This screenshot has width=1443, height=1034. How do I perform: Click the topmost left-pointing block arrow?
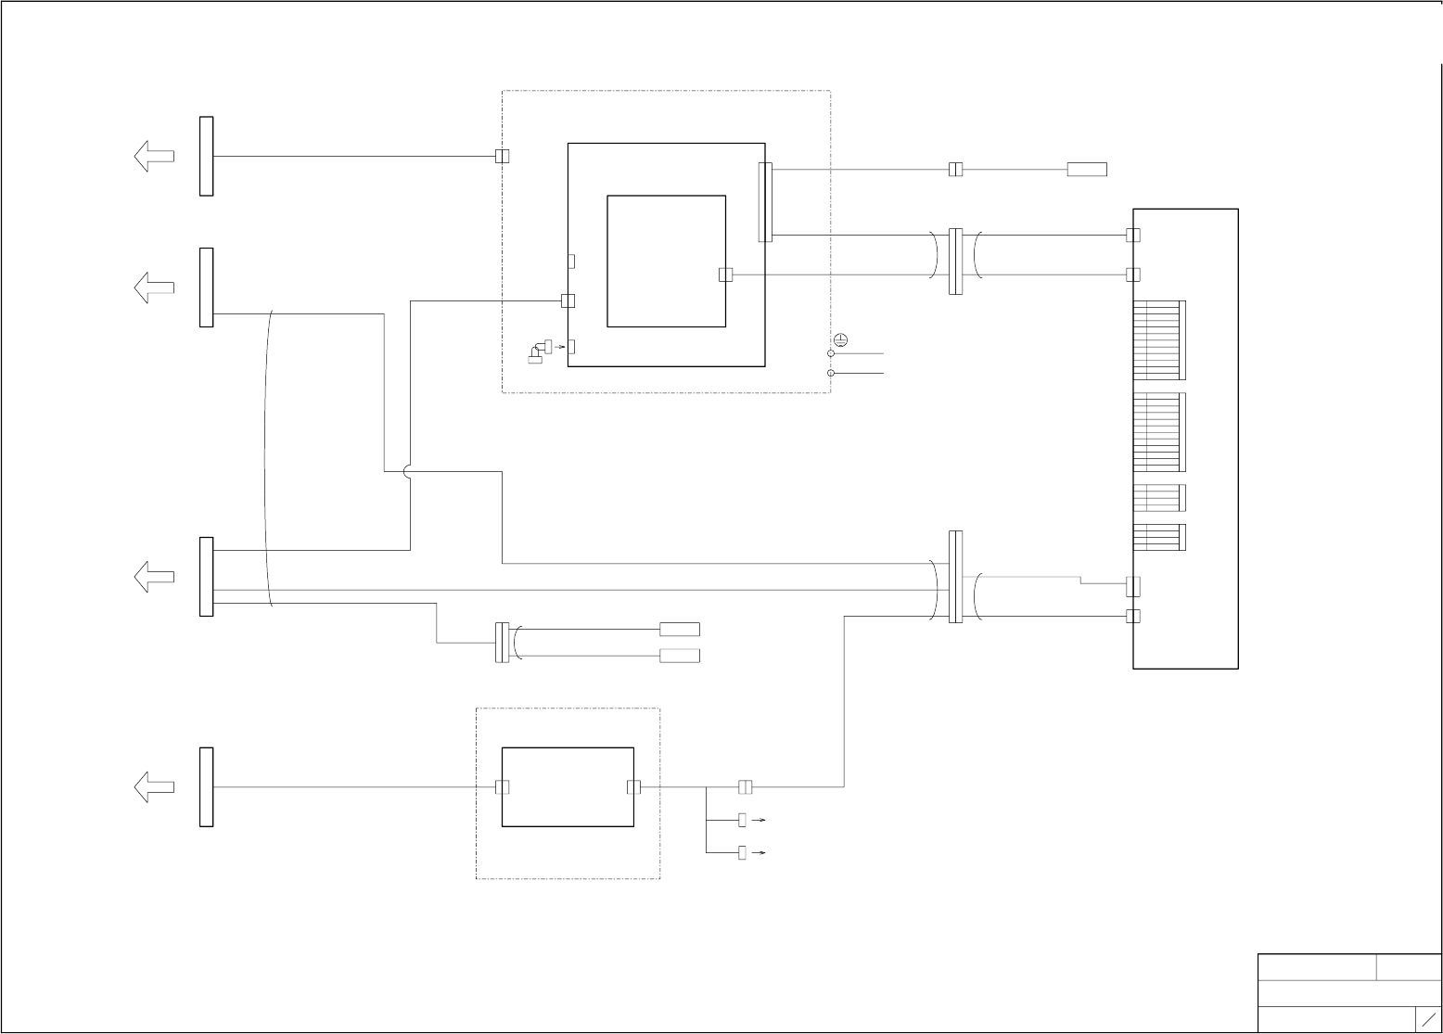(154, 156)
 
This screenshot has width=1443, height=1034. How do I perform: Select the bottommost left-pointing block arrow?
(154, 787)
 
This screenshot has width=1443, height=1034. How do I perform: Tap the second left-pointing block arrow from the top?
(154, 287)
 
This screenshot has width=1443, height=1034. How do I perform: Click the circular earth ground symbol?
(840, 339)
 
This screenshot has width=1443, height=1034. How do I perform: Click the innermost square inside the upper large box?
(666, 261)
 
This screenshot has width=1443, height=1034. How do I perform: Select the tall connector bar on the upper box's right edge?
(765, 202)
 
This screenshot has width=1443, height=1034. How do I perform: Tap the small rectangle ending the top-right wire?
(1087, 170)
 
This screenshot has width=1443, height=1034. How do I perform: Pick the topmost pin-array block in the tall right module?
(1159, 340)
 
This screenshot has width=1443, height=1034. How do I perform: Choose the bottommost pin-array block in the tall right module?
(1159, 538)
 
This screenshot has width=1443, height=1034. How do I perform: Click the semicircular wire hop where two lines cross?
(409, 471)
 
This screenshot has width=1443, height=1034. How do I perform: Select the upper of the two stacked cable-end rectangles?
(680, 630)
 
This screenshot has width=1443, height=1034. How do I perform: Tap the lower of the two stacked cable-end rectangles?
(680, 657)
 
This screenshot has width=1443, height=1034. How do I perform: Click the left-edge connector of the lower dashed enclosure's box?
(502, 787)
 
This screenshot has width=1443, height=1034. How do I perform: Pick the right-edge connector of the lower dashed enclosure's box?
(633, 787)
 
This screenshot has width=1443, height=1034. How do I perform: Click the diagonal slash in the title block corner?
(1429, 1018)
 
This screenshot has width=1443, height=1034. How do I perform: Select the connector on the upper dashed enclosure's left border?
(502, 156)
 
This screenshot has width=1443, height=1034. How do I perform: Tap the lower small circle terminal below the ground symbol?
(831, 373)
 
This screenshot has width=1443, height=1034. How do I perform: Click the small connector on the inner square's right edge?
(726, 274)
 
